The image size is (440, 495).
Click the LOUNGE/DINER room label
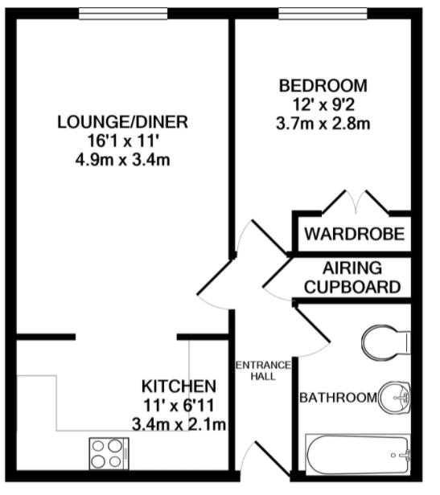[x=122, y=123]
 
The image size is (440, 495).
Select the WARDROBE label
[x=353, y=236]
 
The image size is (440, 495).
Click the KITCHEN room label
[x=179, y=386]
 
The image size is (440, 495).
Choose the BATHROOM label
[x=337, y=398]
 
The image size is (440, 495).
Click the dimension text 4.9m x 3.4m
[x=122, y=160]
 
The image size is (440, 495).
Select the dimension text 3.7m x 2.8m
[x=323, y=123]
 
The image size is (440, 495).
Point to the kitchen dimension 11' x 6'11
[x=179, y=404]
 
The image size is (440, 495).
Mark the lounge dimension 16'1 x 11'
[x=122, y=141]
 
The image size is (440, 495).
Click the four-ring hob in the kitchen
[x=107, y=453]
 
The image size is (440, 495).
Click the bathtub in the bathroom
[x=358, y=456]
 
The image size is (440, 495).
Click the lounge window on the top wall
[x=124, y=14]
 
